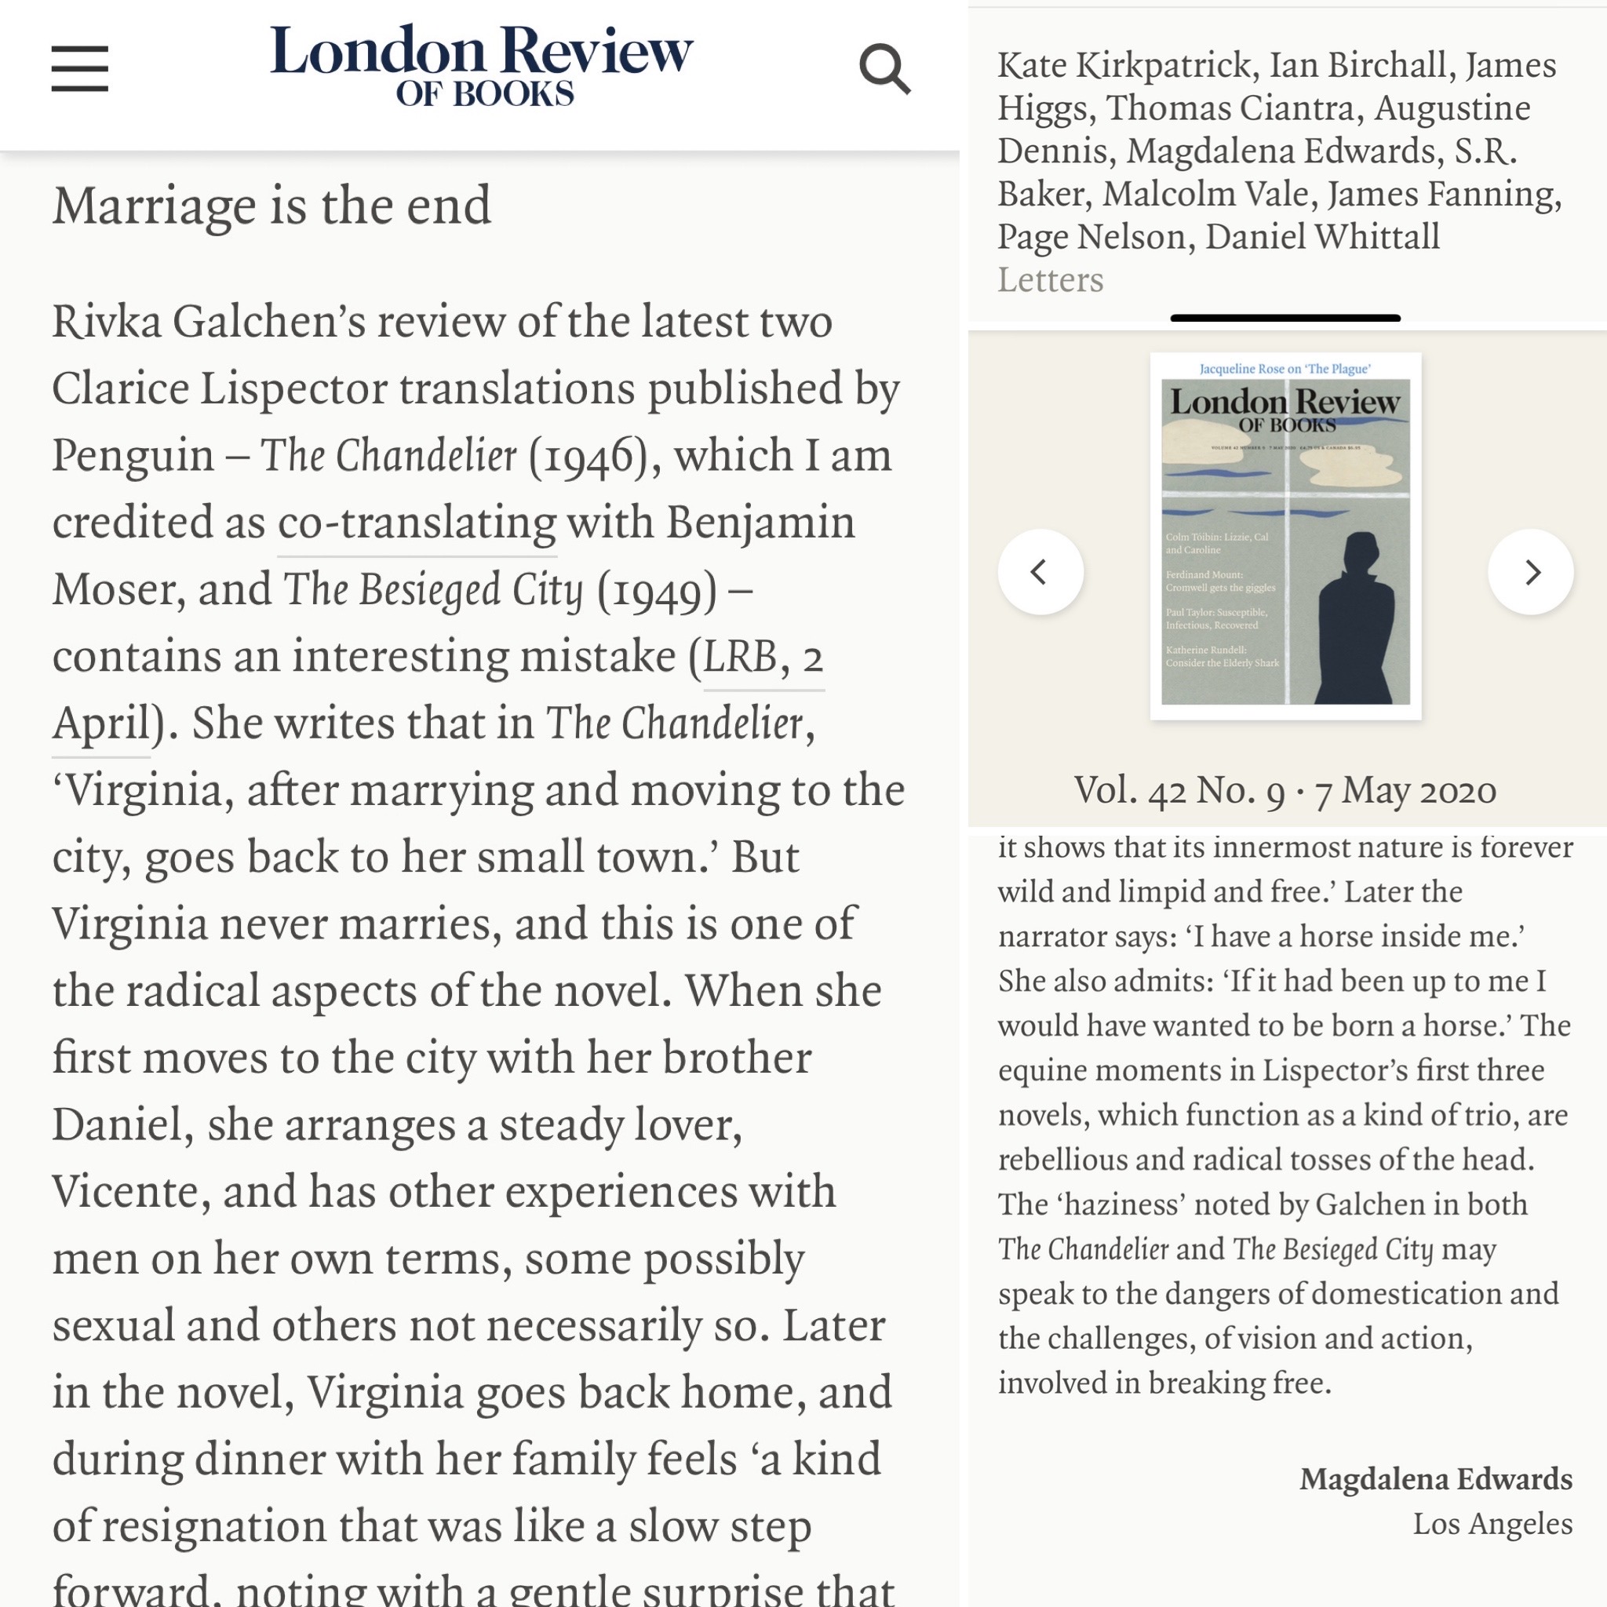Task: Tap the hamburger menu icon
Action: [x=80, y=68]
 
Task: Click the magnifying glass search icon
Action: [x=884, y=69]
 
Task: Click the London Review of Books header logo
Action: [x=482, y=66]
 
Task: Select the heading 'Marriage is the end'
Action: [x=272, y=206]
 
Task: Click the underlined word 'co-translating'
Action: [x=417, y=523]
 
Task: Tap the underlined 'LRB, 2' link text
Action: [x=763, y=657]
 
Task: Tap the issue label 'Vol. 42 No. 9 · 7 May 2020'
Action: [x=1285, y=790]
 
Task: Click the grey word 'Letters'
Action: [x=1050, y=280]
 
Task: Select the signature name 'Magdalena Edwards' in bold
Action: [x=1436, y=1479]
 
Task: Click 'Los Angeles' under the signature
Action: [x=1492, y=1524]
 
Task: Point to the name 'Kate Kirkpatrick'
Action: [x=1124, y=66]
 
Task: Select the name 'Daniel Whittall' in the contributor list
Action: [x=1321, y=237]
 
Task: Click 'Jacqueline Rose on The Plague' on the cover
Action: [x=1285, y=369]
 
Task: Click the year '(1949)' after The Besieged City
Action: [x=656, y=591]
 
